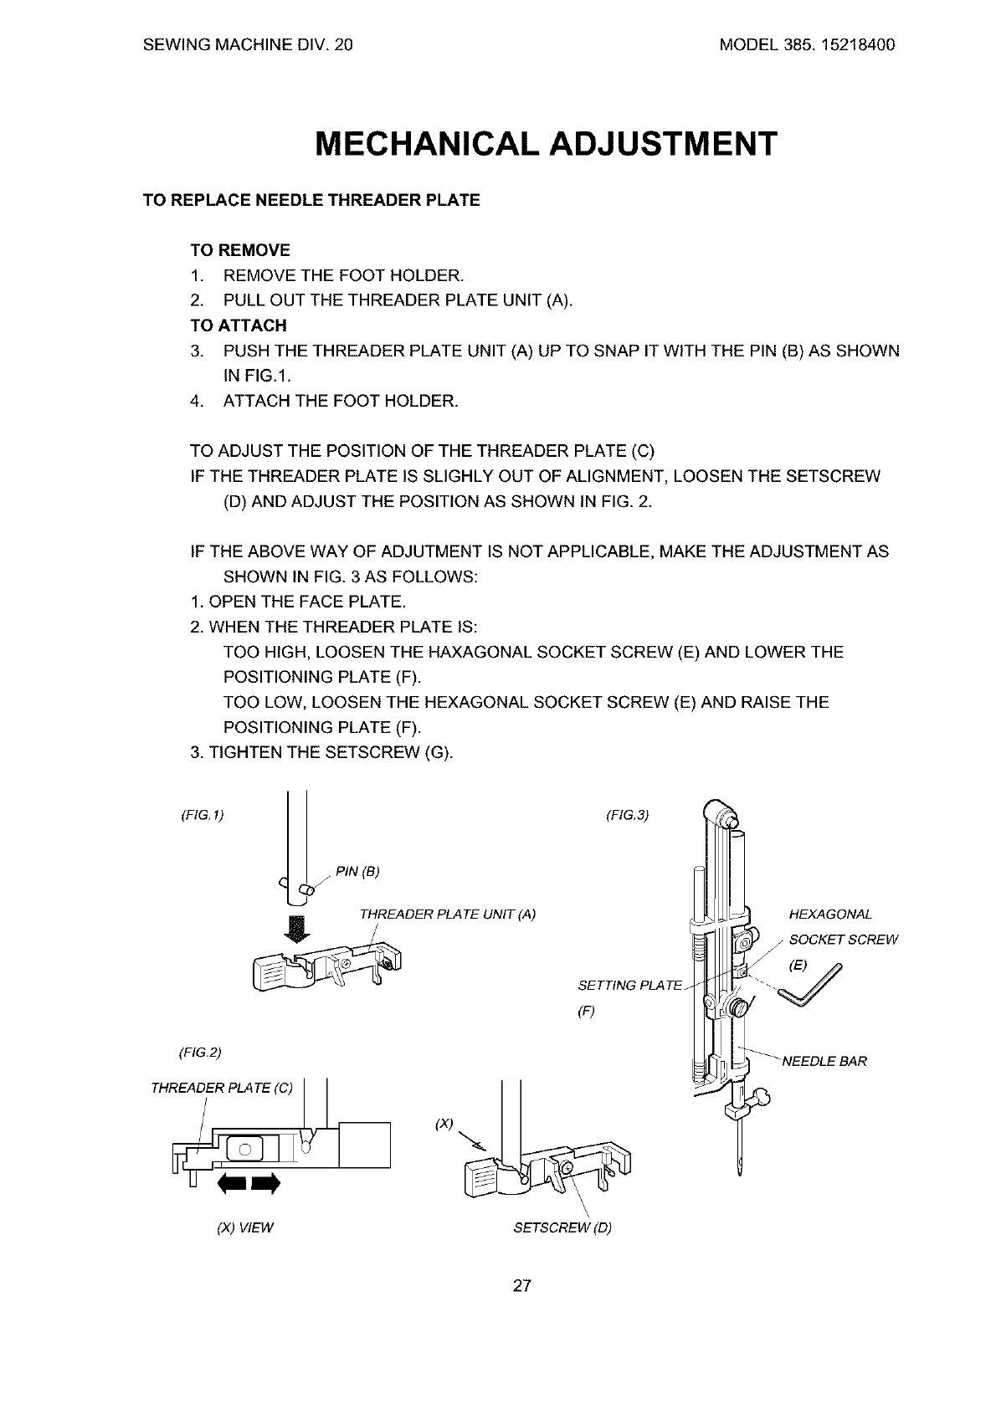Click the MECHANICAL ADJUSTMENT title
tap(546, 144)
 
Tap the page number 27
tap(521, 1286)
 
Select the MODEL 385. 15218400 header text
tap(807, 45)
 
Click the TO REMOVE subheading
tap(240, 250)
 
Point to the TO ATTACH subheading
tap(239, 325)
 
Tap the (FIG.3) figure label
tap(627, 814)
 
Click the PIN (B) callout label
tap(357, 873)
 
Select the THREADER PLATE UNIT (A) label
tap(447, 915)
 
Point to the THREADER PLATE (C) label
tap(222, 1088)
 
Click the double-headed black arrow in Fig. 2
tap(246, 1184)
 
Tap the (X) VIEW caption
tap(245, 1228)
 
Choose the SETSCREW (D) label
tap(562, 1228)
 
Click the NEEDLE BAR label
tap(824, 1062)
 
